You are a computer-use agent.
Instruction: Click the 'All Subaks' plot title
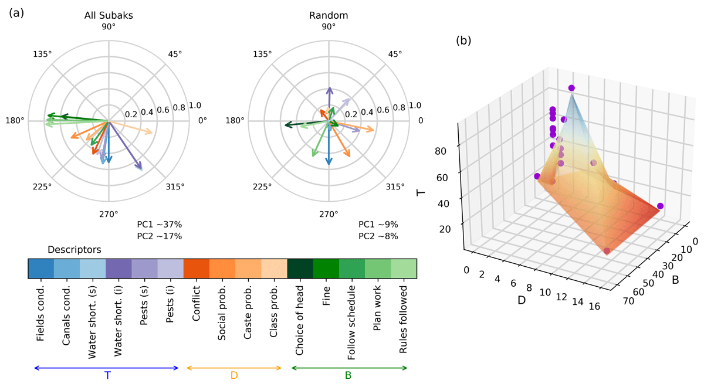109,15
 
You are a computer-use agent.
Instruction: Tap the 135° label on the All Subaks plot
43,54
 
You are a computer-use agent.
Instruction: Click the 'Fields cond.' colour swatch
41,269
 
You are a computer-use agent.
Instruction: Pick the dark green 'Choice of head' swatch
300,269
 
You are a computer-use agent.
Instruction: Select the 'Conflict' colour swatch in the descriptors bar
197,269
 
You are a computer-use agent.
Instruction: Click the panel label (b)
463,40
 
